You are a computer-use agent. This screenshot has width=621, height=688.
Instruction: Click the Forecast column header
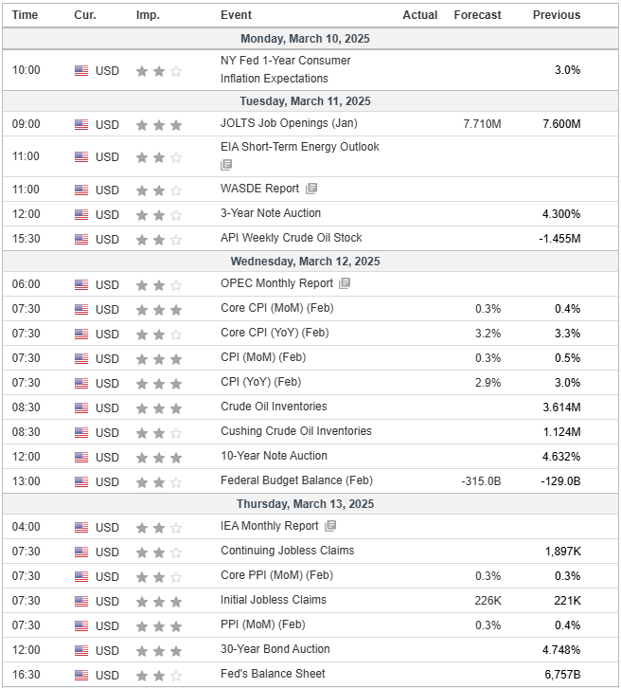point(477,15)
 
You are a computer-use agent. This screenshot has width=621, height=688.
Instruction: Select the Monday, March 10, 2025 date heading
point(305,39)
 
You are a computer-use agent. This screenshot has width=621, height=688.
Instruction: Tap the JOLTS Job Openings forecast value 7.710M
point(482,124)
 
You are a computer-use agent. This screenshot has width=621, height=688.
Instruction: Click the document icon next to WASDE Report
point(311,189)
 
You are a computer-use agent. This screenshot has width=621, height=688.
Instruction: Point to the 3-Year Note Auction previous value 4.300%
point(561,213)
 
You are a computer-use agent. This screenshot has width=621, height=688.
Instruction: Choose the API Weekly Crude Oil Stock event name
point(291,238)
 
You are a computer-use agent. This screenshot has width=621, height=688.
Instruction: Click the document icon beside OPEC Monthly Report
point(345,283)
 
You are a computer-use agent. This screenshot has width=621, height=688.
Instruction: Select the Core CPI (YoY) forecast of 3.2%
point(488,334)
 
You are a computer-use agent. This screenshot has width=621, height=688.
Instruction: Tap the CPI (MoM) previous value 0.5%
point(567,358)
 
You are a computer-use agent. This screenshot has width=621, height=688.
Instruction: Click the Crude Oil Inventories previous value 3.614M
point(561,407)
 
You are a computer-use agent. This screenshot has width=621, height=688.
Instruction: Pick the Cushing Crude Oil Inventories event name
point(295,431)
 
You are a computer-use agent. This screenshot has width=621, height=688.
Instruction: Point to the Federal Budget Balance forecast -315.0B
point(481,480)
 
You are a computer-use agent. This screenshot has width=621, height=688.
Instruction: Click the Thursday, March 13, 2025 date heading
point(305,504)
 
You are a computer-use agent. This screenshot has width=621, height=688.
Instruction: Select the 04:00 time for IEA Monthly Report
point(26,527)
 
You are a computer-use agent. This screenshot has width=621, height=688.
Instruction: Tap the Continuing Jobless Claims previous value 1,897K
point(562,552)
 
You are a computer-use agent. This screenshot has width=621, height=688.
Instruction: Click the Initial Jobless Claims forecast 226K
point(488,600)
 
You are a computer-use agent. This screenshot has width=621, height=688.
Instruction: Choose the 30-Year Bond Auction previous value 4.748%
point(561,649)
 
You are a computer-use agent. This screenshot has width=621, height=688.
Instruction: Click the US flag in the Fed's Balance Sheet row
point(81,675)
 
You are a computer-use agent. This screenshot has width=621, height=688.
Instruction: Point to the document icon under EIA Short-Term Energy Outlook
point(226,165)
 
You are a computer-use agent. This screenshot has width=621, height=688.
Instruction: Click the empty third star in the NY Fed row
point(176,71)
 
